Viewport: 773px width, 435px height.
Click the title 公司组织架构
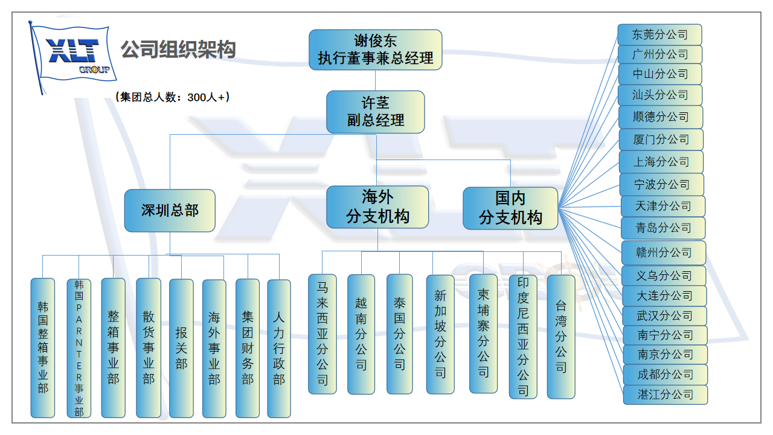click(178, 50)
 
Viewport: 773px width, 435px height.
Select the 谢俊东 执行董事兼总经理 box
click(375, 50)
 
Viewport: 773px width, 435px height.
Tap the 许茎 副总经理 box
click(375, 112)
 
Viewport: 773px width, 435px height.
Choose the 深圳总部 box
click(170, 210)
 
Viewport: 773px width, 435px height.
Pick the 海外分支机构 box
click(377, 207)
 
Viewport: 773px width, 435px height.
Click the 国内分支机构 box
click(510, 208)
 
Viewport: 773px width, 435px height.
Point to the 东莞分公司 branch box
click(659, 34)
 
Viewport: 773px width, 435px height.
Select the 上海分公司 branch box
click(661, 161)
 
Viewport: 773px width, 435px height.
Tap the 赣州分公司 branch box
click(663, 253)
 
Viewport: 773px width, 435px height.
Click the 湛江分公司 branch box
click(665, 395)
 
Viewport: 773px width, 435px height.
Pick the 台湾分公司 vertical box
click(561, 336)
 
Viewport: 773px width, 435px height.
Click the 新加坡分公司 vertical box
click(440, 334)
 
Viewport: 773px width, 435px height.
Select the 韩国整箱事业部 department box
click(43, 347)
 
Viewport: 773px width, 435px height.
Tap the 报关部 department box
click(181, 347)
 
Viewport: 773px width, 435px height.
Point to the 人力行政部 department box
click(279, 348)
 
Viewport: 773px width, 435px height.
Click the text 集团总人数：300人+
click(172, 97)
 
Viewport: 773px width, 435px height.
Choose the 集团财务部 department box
click(247, 348)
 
